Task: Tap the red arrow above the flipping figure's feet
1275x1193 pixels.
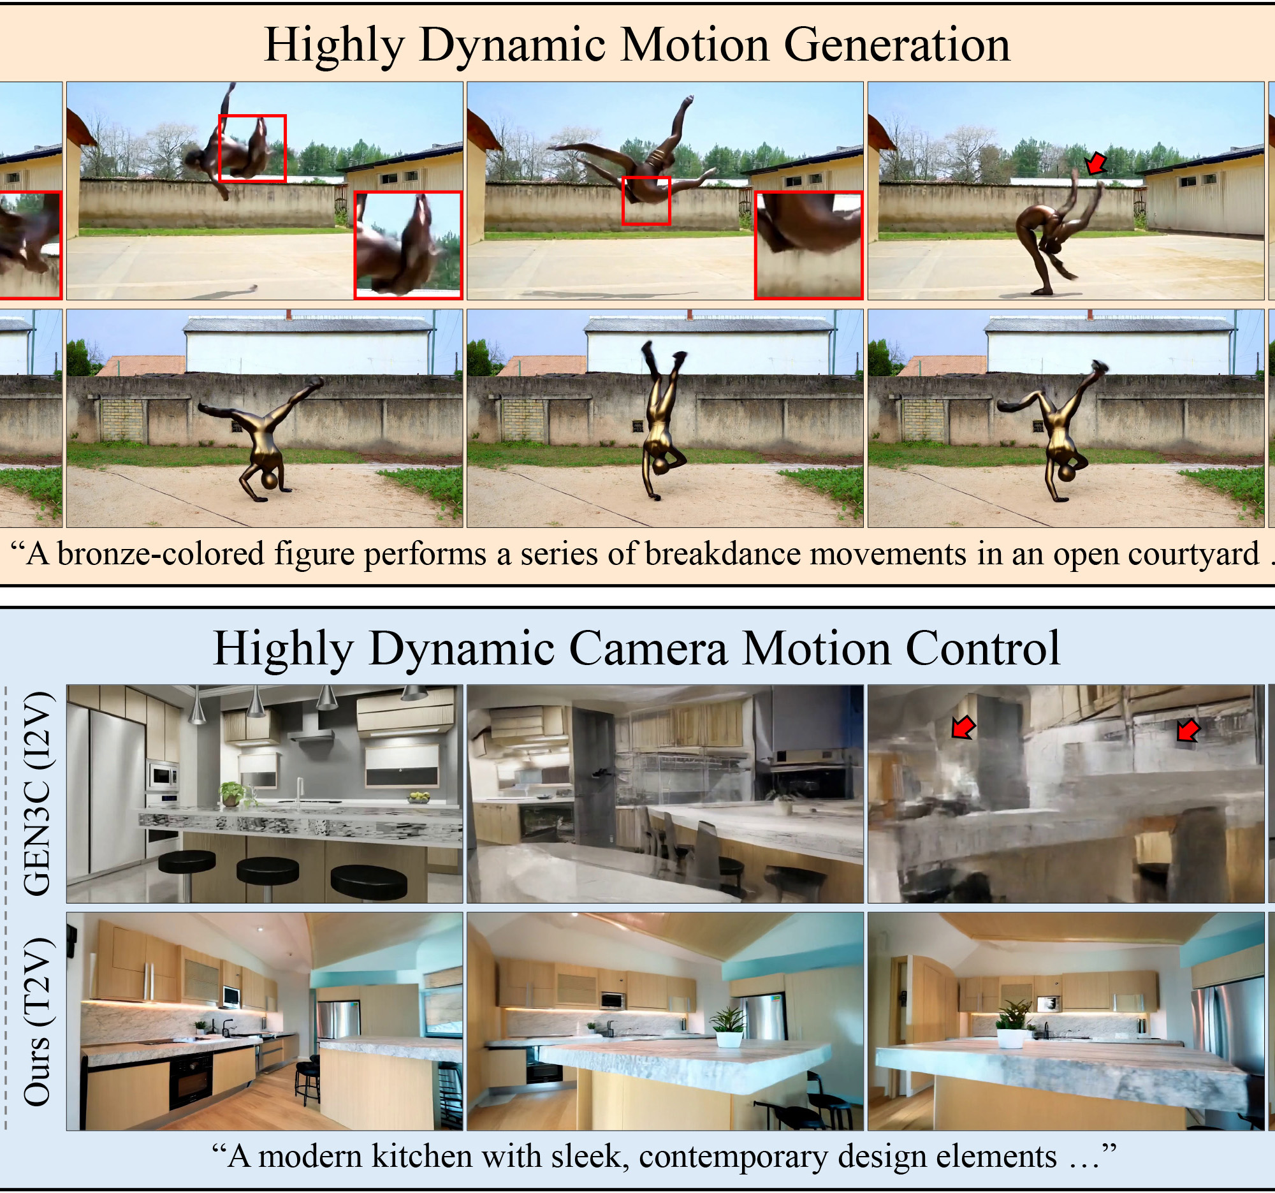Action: click(x=1095, y=163)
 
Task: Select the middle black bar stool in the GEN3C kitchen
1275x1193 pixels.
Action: click(x=268, y=870)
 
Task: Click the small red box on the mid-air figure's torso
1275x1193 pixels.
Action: click(x=646, y=200)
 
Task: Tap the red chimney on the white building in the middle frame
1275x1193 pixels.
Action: click(x=689, y=315)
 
